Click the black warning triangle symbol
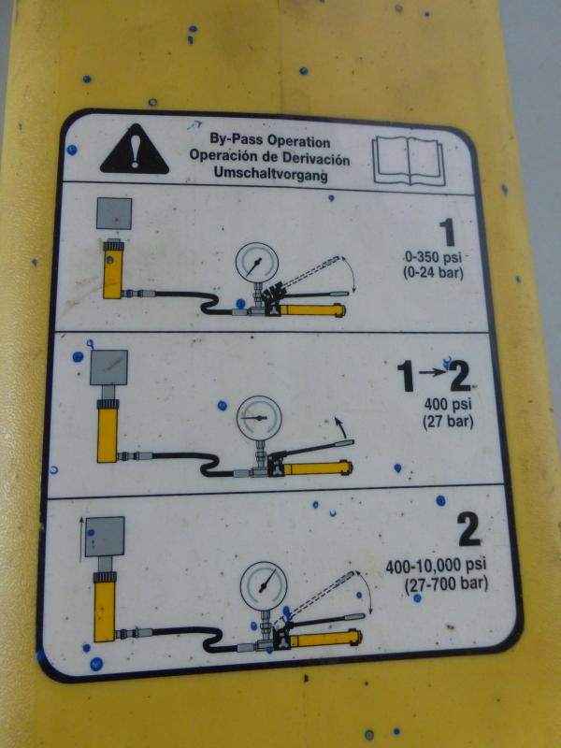coord(135,151)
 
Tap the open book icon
coord(409,161)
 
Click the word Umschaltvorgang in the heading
coord(270,174)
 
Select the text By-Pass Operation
coord(270,141)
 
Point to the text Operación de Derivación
coord(269,157)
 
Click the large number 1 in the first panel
coord(448,233)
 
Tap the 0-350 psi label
coord(433,258)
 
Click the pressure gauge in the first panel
coord(257,264)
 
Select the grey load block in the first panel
coord(114,213)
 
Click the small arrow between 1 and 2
coord(432,372)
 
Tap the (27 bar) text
coord(448,423)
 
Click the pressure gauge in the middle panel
coord(259,417)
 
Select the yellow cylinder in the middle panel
coord(108,432)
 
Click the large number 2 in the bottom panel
coord(469,531)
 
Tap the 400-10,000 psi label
coord(436,567)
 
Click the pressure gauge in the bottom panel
coord(264,586)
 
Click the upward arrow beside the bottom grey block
coord(81,539)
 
